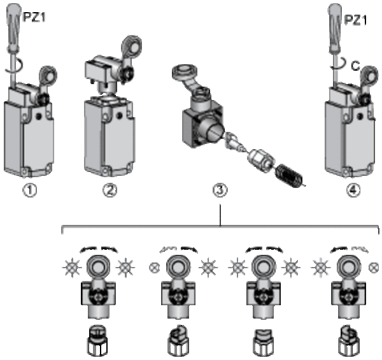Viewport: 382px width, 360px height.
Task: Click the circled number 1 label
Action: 30,190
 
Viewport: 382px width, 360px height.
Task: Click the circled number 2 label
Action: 110,190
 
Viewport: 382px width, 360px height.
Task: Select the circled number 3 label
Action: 220,190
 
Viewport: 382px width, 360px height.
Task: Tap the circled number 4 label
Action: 353,190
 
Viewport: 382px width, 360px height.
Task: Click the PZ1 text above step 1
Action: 34,17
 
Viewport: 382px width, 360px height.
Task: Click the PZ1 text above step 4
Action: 355,20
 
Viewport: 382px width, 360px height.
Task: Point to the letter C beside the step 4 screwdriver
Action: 356,66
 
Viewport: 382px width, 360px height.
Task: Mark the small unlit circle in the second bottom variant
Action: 154,268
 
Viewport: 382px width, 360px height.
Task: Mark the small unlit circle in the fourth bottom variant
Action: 374,268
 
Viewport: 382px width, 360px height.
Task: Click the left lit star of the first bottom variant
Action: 72,268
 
